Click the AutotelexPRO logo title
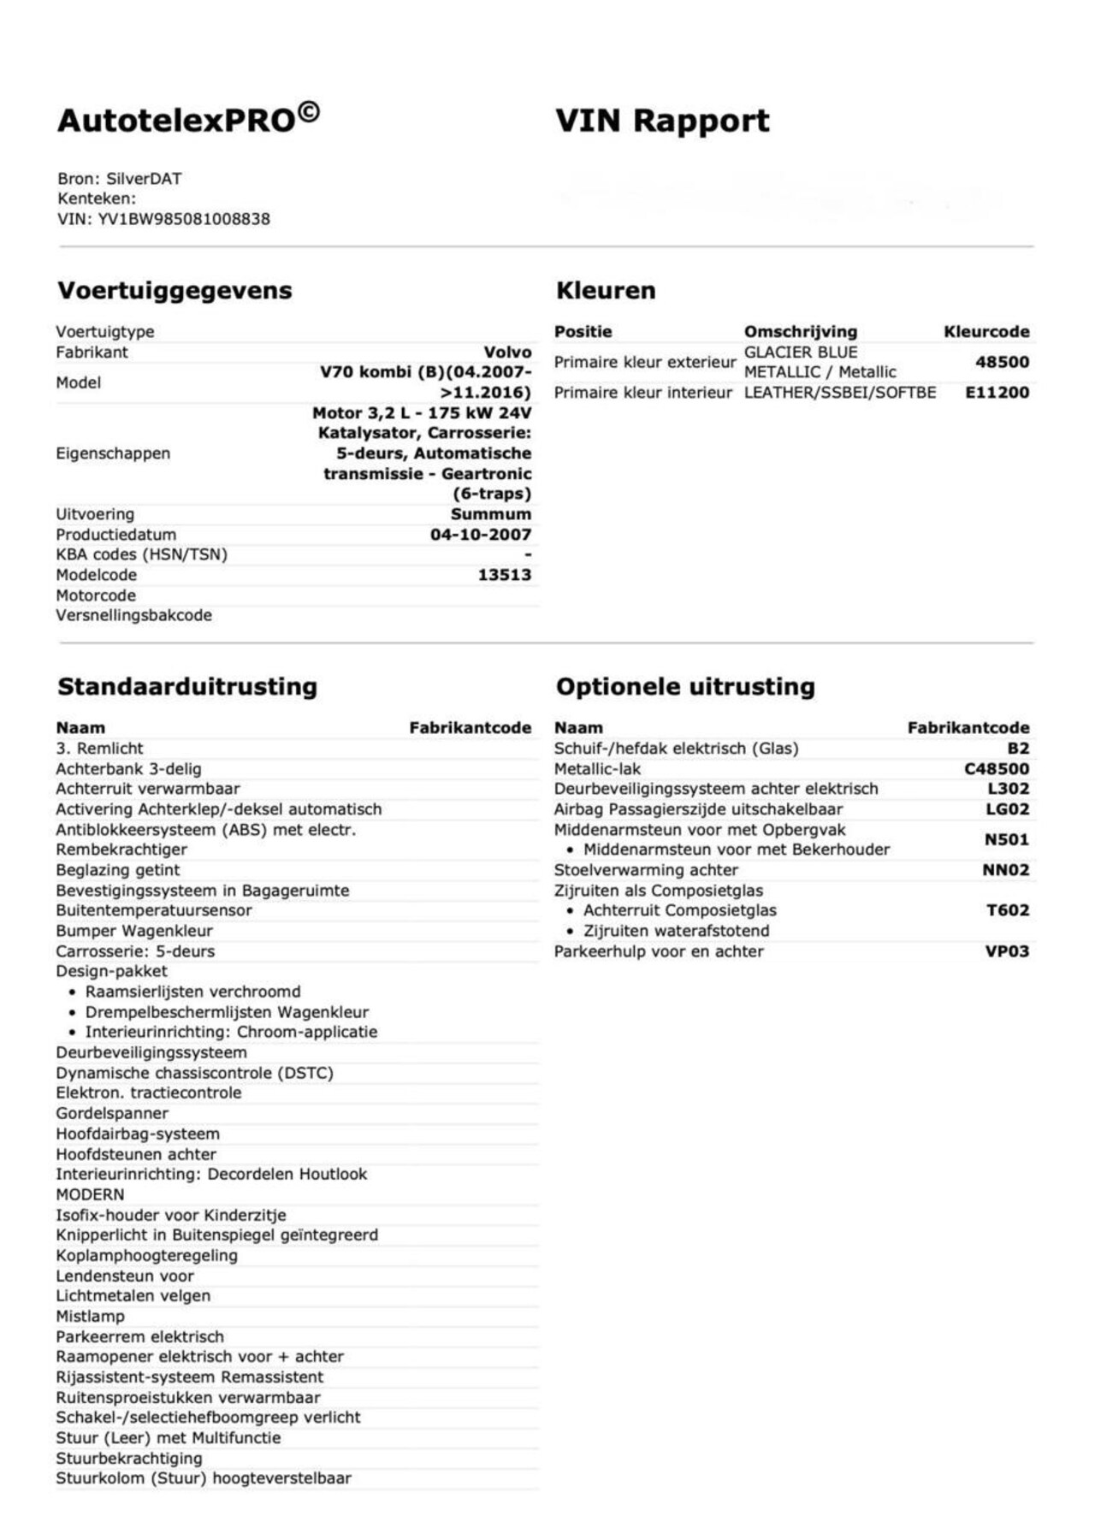coord(188,119)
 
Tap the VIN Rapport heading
coord(662,121)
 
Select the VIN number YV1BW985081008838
coord(184,219)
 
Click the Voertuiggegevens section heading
coord(175,290)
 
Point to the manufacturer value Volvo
coord(507,352)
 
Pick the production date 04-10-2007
coord(481,535)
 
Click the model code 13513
coord(504,575)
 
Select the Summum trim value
coord(490,514)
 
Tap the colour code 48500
coord(1002,362)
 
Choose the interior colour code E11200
coord(997,393)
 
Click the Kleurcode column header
coord(986,332)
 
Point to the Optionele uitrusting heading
coord(685,686)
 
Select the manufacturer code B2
coord(1018,749)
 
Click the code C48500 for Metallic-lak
coord(997,769)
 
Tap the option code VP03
coord(1007,951)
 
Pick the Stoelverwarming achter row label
coord(646,870)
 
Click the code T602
coord(1008,910)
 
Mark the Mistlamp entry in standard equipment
coord(90,1317)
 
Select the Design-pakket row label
coord(111,972)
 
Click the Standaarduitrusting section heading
coord(187,686)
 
